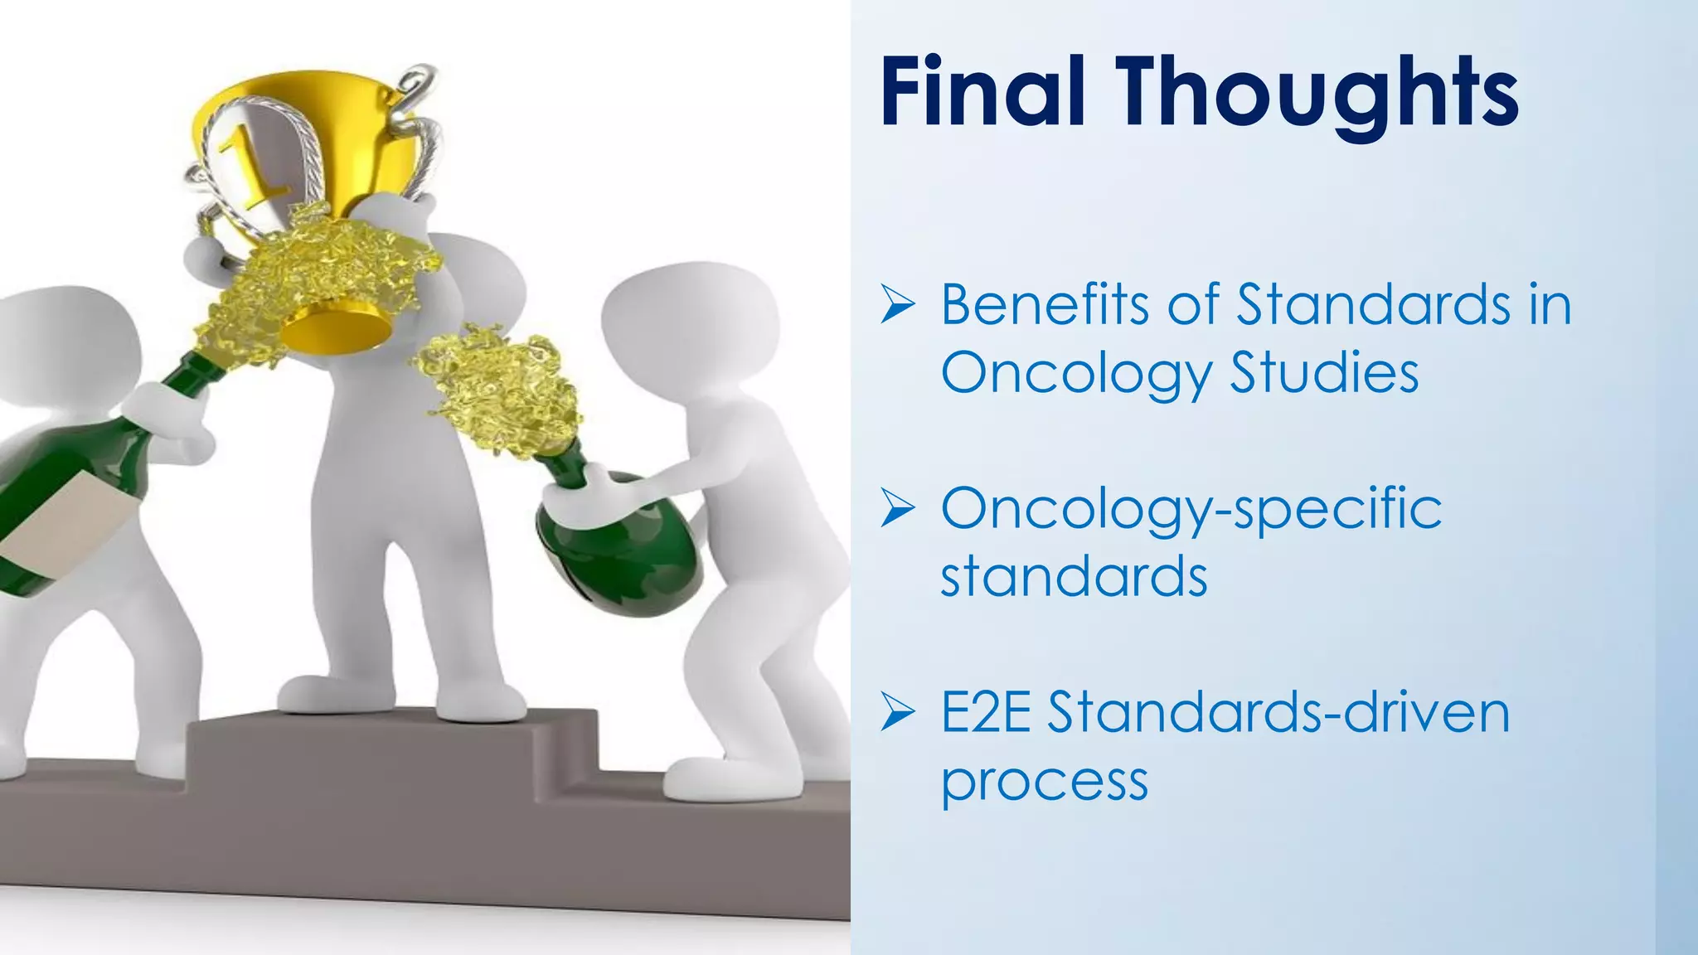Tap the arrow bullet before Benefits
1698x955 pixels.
click(898, 304)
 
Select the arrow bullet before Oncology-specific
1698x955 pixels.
click(898, 508)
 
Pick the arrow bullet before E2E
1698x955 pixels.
click(898, 712)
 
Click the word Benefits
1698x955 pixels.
click(1045, 304)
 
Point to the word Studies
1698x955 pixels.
click(1324, 373)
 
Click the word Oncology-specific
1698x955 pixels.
click(1191, 509)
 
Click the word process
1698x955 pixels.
click(1045, 782)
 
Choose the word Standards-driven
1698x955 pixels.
click(1278, 712)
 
